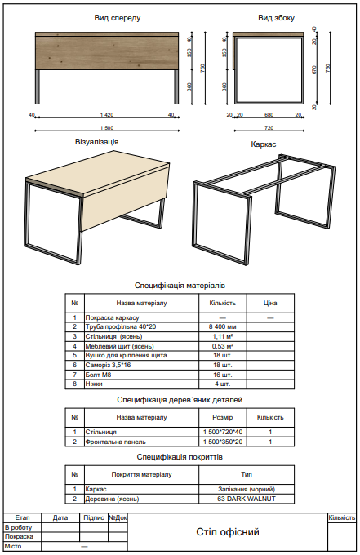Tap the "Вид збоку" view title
click(x=277, y=17)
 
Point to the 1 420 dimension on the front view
click(x=106, y=115)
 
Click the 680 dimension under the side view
click(x=269, y=115)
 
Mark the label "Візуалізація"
click(x=96, y=142)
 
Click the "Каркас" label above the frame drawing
click(x=263, y=144)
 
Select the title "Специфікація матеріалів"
click(x=180, y=286)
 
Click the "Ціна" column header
click(x=270, y=303)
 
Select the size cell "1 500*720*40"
click(x=217, y=432)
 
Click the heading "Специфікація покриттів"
click(x=180, y=458)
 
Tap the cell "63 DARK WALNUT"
click(x=247, y=498)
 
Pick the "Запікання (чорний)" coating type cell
click(x=247, y=489)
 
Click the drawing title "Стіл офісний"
click(x=228, y=532)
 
